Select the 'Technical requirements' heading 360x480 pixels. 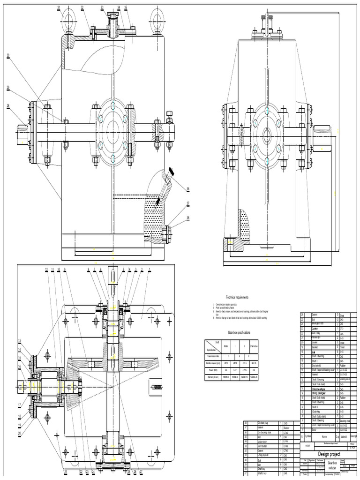click(x=238, y=297)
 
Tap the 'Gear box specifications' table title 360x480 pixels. click(x=239, y=332)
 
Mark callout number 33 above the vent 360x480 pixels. click(x=103, y=7)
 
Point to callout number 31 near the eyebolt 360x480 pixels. click(x=59, y=7)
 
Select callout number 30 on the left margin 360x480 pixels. click(x=8, y=55)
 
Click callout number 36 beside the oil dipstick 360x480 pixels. click(x=188, y=189)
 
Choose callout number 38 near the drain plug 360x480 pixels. click(x=188, y=217)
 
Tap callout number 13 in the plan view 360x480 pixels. click(x=20, y=340)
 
